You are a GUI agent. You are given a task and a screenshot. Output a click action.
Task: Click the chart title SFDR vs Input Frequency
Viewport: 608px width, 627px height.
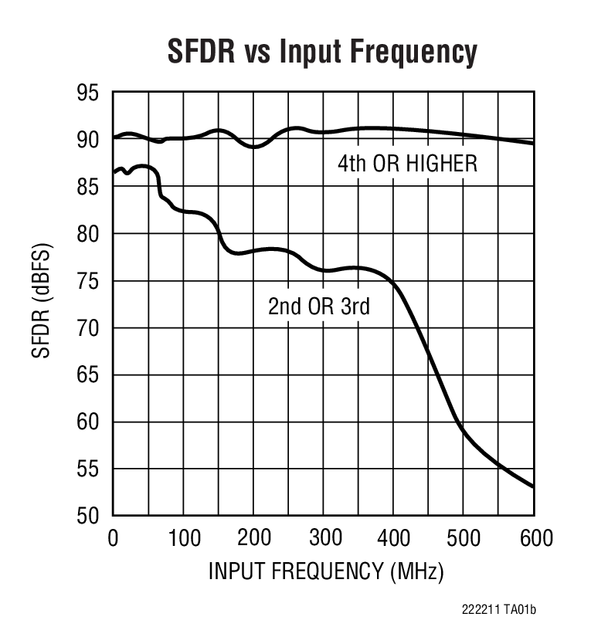pyautogui.click(x=322, y=52)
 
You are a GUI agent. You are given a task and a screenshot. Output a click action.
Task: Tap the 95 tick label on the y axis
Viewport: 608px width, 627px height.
pyautogui.click(x=88, y=93)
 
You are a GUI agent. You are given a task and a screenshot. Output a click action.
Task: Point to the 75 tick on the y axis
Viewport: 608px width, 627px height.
pyautogui.click(x=88, y=281)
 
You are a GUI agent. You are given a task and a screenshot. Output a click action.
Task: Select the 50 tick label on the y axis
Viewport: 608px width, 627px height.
pyautogui.click(x=88, y=516)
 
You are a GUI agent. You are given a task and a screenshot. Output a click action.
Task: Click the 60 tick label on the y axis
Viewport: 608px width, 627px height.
pyautogui.click(x=88, y=422)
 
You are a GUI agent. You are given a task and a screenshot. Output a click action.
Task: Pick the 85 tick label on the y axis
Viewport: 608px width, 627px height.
pyautogui.click(x=88, y=187)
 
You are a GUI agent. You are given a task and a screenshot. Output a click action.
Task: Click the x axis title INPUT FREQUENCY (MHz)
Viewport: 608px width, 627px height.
pyautogui.click(x=325, y=572)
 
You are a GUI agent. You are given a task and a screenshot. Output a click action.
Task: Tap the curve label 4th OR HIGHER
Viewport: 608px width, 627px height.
pyautogui.click(x=407, y=164)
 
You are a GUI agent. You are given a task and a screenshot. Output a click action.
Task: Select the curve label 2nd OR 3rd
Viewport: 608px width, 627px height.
pyautogui.click(x=319, y=307)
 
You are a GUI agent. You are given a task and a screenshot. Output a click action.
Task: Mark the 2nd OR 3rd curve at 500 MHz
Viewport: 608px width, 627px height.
pyautogui.click(x=464, y=432)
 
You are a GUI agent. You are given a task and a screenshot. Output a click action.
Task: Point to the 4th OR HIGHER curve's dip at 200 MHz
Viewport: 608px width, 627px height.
pyautogui.click(x=253, y=147)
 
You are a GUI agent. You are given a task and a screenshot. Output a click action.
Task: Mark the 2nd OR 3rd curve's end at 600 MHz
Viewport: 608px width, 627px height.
pyautogui.click(x=533, y=486)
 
